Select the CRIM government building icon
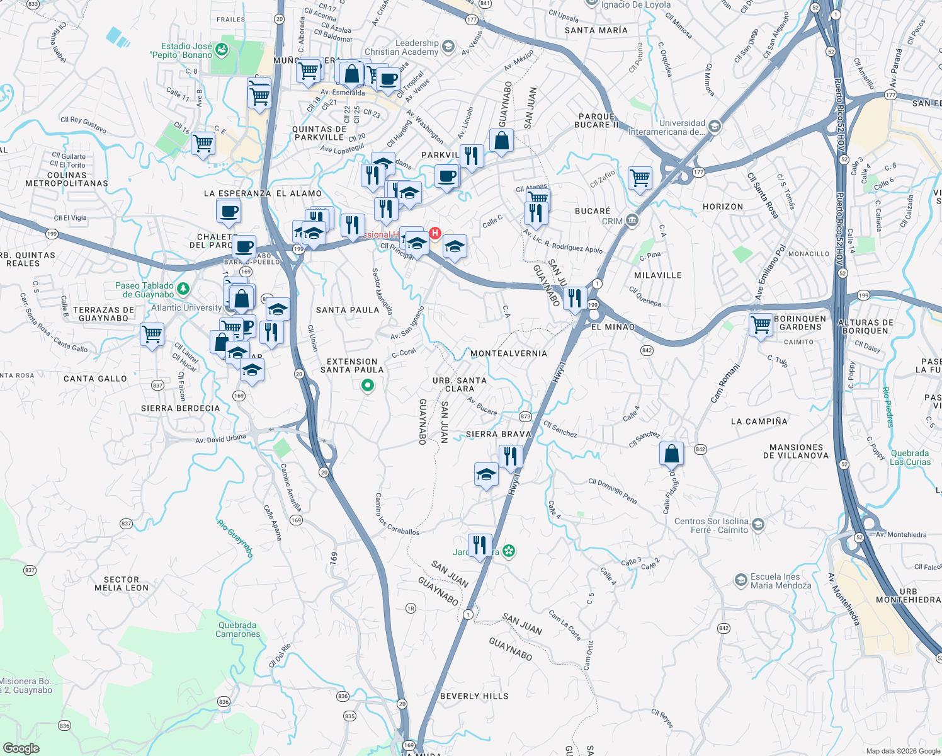point(632,220)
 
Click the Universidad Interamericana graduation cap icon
point(714,127)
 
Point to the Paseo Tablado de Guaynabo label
point(144,290)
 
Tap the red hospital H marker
point(434,234)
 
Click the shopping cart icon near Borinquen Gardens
point(761,325)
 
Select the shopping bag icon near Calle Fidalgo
point(671,453)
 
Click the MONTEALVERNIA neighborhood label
point(509,353)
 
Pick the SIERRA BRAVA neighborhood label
point(498,434)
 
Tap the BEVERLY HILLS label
point(474,696)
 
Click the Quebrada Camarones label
point(237,630)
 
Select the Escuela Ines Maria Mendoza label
point(781,581)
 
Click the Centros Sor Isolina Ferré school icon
point(758,525)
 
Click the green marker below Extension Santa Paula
point(368,385)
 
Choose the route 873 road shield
point(526,416)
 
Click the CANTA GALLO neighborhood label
point(95,379)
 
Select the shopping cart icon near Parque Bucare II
point(640,178)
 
